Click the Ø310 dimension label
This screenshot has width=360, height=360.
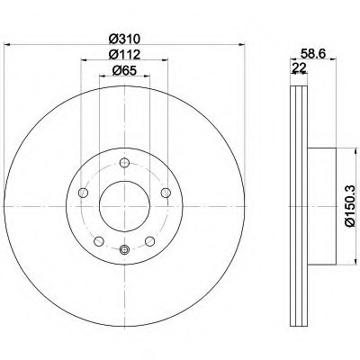(x=124, y=39)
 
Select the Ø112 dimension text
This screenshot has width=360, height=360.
(x=124, y=54)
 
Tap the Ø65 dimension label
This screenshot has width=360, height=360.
(x=124, y=70)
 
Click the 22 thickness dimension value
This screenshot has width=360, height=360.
(x=299, y=67)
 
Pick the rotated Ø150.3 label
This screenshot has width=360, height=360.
(x=350, y=206)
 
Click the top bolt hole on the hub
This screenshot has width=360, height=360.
(x=124, y=163)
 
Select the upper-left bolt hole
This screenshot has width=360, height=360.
(x=83, y=193)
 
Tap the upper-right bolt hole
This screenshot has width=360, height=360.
(x=166, y=193)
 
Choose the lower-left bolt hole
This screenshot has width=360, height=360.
(x=99, y=241)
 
